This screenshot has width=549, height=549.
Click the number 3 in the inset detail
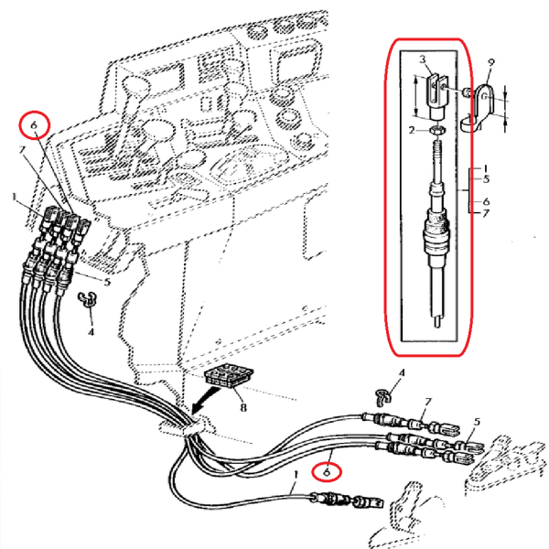[423, 59]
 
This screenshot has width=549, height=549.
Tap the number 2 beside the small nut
[413, 131]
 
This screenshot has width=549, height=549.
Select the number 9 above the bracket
[491, 62]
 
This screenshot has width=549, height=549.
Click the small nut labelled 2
[438, 131]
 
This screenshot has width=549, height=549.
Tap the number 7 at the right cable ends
[426, 404]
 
